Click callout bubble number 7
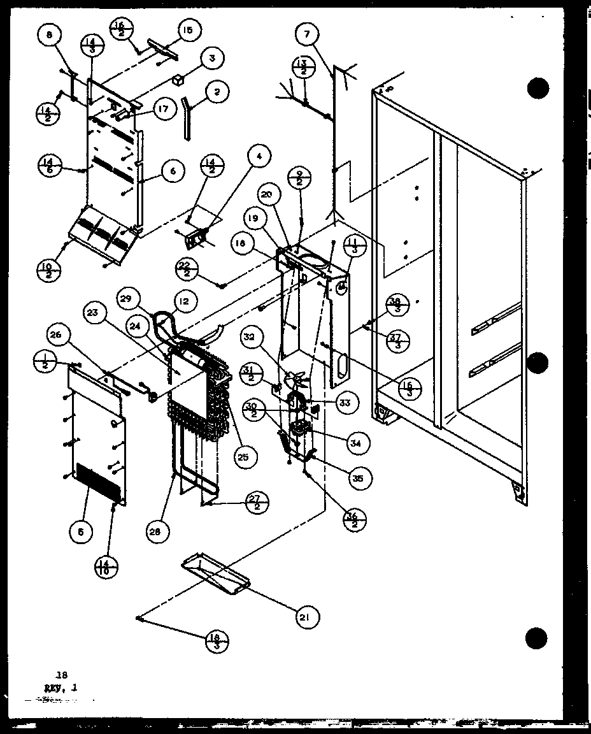click(x=308, y=34)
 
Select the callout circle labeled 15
click(x=189, y=29)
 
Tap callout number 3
click(x=212, y=58)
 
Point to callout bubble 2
click(x=217, y=92)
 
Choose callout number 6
click(x=173, y=171)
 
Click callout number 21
click(x=308, y=616)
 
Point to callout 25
click(x=243, y=456)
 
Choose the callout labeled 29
click(x=126, y=298)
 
